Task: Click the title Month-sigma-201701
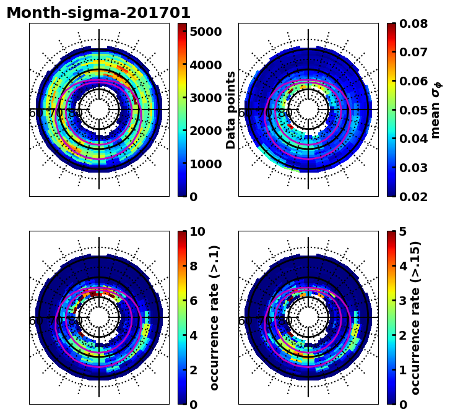[98, 13]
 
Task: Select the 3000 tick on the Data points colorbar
[206, 98]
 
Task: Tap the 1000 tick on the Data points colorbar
[206, 164]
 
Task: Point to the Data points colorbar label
[231, 110]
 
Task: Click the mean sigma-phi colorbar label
[436, 110]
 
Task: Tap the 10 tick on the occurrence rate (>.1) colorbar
[197, 232]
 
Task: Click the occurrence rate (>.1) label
[214, 317]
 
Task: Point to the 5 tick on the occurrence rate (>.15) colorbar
[403, 232]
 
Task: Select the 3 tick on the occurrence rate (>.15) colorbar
[403, 301]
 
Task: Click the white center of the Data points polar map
[99, 110]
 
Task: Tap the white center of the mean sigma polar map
[308, 110]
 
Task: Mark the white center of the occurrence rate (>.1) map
[99, 317]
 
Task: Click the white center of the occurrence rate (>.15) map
[308, 317]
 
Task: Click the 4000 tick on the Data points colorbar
[206, 65]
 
